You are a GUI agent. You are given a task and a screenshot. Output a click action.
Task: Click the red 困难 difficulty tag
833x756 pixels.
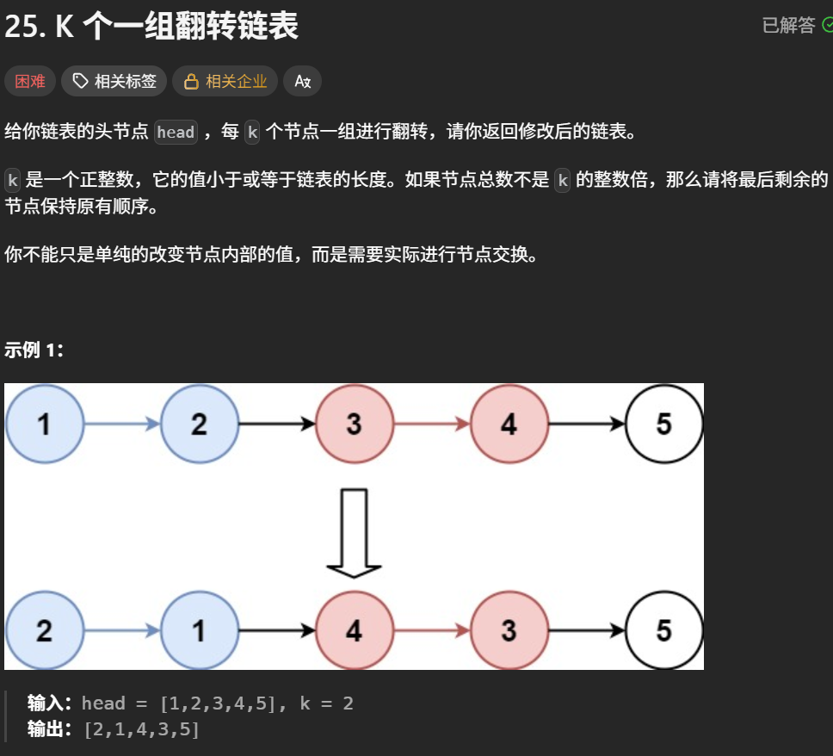coord(30,81)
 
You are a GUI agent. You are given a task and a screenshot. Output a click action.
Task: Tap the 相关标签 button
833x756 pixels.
coord(114,81)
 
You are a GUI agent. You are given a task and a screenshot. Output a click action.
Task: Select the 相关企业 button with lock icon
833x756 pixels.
coord(225,81)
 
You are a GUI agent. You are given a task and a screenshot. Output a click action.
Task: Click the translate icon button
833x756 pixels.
coord(302,81)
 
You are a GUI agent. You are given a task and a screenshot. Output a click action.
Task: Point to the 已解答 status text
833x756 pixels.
coord(788,26)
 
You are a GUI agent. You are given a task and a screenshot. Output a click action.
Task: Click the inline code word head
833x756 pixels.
coord(176,133)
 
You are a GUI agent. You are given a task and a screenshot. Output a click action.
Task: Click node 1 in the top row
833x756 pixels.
coord(44,424)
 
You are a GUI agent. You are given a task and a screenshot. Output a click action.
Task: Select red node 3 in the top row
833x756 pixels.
coord(354,424)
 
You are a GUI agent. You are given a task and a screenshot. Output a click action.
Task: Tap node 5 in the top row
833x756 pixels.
coord(663,424)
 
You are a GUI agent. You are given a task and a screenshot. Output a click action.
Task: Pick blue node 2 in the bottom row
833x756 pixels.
coord(44,630)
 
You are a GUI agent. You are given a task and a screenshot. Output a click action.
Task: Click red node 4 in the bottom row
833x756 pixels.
coord(354,630)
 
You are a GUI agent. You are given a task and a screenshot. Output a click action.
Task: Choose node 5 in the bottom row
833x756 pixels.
coord(663,630)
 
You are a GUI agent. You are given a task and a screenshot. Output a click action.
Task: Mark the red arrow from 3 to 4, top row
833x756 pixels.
coord(431,424)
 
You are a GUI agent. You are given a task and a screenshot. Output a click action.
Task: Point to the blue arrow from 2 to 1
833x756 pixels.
coord(121,630)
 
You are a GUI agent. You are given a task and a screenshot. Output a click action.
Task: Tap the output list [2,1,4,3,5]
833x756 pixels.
coord(141,729)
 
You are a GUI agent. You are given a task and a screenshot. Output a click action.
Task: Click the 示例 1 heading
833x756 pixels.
coord(34,350)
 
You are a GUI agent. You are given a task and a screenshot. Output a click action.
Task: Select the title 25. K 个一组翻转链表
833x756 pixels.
coord(151,27)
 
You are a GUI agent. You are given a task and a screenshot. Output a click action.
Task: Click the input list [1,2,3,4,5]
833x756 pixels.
coord(219,703)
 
